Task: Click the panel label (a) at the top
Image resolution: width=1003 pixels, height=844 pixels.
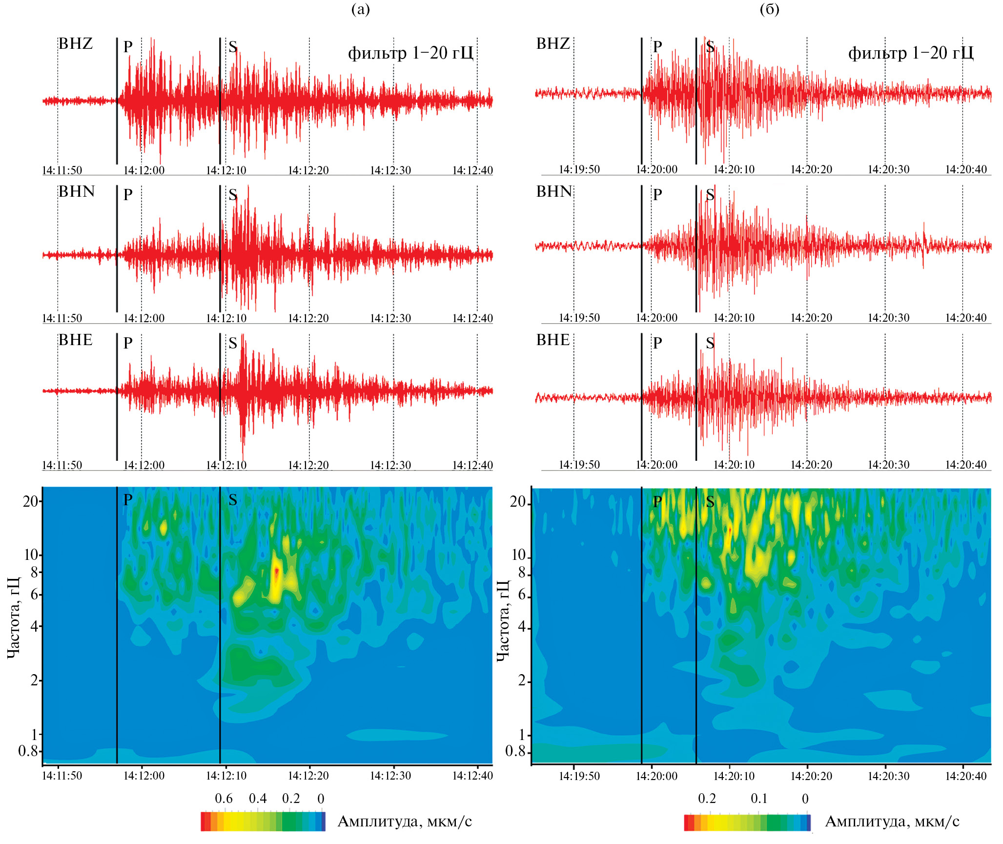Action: pos(361,9)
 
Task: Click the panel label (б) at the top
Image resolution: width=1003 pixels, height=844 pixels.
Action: pos(769,9)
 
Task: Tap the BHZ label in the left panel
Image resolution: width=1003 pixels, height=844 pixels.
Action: pos(76,44)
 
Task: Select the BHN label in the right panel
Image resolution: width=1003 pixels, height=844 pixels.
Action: pos(554,192)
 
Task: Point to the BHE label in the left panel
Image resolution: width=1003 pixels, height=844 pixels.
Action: pos(76,340)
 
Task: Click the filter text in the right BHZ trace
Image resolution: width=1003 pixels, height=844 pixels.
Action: pos(911,53)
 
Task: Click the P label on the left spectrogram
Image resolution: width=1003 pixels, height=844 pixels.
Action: pos(128,500)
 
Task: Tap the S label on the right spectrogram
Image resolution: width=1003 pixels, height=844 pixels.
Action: pos(710,502)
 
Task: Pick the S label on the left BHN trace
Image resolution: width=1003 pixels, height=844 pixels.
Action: pos(233,195)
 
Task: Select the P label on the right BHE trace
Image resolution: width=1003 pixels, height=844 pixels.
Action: pos(657,343)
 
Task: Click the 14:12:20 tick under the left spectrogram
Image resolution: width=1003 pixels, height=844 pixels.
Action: pos(308,776)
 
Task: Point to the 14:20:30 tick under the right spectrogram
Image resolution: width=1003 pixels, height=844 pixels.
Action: pos(889,776)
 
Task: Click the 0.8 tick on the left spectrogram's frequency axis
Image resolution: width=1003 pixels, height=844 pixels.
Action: pos(28,751)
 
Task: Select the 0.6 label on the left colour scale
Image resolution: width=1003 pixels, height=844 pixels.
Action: pos(224,799)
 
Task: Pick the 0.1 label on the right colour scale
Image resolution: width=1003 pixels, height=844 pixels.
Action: pos(759,799)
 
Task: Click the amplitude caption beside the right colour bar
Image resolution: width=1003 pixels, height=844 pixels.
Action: pos(892,822)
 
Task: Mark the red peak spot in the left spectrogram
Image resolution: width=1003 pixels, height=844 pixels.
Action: pos(277,571)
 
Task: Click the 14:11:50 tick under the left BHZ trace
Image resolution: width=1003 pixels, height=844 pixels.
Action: pos(62,170)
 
